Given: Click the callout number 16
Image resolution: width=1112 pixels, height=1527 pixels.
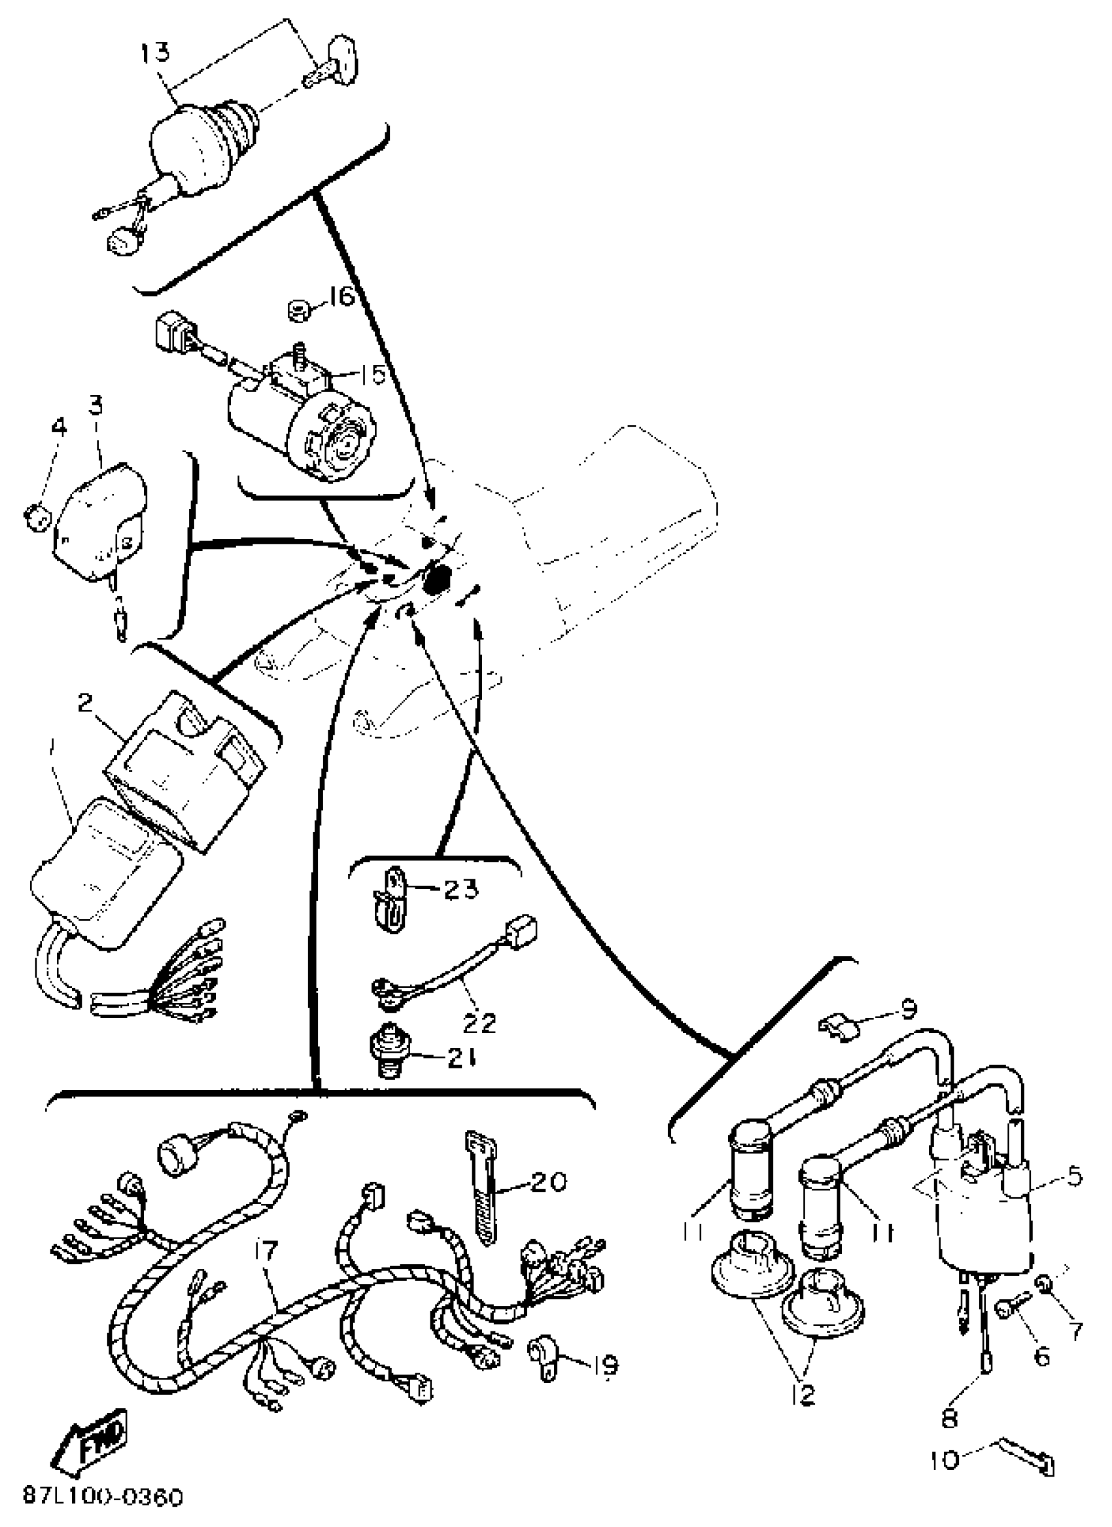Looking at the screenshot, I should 341,296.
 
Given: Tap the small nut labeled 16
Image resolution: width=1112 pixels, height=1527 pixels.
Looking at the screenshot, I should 297,310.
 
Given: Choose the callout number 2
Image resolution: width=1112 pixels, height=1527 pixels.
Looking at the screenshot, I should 86,702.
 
